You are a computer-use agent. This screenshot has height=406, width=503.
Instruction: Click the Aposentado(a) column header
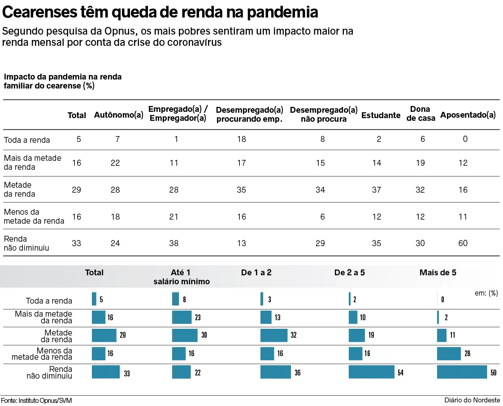click(468, 115)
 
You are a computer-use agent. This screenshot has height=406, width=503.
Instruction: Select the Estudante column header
click(381, 115)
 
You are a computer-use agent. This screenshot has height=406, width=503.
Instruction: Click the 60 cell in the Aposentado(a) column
click(463, 243)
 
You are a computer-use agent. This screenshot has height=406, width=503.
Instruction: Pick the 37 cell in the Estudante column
click(377, 190)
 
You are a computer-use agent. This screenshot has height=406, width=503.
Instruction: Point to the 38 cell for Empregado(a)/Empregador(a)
click(174, 243)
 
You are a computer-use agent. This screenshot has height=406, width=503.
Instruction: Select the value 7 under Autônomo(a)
click(117, 139)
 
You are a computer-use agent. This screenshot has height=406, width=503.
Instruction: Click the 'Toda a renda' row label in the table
click(27, 140)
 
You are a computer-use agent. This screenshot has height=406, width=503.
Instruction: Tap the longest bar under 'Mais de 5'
click(462, 372)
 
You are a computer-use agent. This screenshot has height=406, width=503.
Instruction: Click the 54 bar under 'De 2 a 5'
click(372, 372)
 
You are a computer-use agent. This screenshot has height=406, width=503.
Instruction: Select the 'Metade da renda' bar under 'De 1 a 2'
click(274, 335)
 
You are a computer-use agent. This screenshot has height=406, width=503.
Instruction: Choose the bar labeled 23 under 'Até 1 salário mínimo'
click(182, 318)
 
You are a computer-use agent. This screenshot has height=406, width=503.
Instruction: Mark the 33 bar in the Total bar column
click(106, 372)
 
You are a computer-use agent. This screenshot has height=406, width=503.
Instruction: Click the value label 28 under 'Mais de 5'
click(467, 354)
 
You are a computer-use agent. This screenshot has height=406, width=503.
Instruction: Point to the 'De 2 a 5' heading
click(349, 273)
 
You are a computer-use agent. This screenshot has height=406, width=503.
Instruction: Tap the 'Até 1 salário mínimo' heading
click(181, 277)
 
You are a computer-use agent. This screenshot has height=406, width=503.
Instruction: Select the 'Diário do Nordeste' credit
click(473, 400)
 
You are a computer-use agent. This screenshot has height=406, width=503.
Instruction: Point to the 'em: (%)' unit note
click(486, 293)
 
